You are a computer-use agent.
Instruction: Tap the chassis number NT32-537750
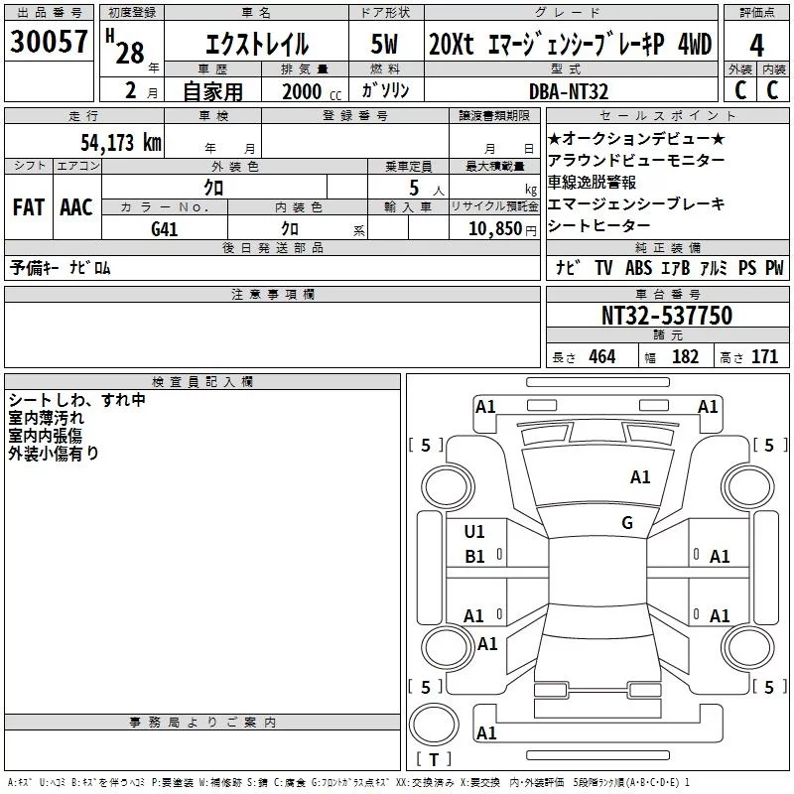click(x=666, y=316)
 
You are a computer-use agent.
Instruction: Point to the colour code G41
click(x=165, y=229)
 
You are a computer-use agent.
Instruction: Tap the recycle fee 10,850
click(x=493, y=229)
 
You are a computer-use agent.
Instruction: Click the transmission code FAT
click(x=28, y=207)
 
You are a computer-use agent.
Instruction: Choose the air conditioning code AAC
click(x=75, y=207)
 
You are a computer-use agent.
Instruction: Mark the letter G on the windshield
click(x=627, y=522)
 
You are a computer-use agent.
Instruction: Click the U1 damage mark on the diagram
click(x=474, y=532)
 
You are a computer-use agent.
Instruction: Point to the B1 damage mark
click(x=474, y=557)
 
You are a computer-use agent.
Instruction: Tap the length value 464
click(x=600, y=357)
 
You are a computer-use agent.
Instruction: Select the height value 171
click(x=764, y=357)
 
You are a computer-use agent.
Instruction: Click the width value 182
click(x=685, y=357)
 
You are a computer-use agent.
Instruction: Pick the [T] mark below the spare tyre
click(x=434, y=760)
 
